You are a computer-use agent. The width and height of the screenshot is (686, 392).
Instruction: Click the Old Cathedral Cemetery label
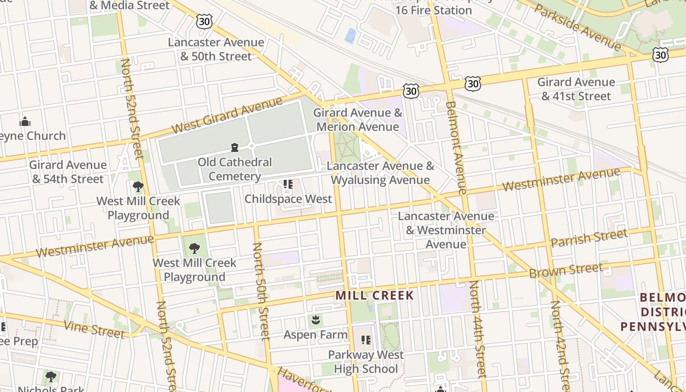click(x=235, y=169)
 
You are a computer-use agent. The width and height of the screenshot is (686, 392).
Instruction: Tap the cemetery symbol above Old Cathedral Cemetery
click(x=235, y=147)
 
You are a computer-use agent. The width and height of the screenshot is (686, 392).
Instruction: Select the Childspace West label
click(x=288, y=199)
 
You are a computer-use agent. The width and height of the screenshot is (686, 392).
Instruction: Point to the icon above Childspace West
click(x=288, y=184)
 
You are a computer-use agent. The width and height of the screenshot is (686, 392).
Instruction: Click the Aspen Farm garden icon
click(x=315, y=320)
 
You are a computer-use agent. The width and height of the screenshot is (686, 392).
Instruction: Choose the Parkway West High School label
click(x=366, y=362)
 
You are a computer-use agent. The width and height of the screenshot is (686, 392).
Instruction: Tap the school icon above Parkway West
click(x=366, y=340)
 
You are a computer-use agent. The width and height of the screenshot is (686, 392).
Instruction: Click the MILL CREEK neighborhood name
click(x=375, y=295)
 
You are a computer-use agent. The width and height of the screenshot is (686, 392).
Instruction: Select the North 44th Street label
click(x=478, y=328)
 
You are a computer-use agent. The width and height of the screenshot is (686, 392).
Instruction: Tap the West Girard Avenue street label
click(x=227, y=116)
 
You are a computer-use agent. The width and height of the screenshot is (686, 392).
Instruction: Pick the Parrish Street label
click(x=589, y=238)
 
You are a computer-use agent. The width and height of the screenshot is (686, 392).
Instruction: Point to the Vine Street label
click(x=94, y=329)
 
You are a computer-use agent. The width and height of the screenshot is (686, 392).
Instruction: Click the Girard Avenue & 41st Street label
click(x=576, y=89)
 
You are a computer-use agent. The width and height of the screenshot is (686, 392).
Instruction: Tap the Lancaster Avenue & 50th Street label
click(x=216, y=49)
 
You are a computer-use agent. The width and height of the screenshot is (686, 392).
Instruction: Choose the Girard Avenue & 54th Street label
click(x=68, y=172)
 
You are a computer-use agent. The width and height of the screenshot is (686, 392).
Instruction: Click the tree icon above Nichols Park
click(x=50, y=377)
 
